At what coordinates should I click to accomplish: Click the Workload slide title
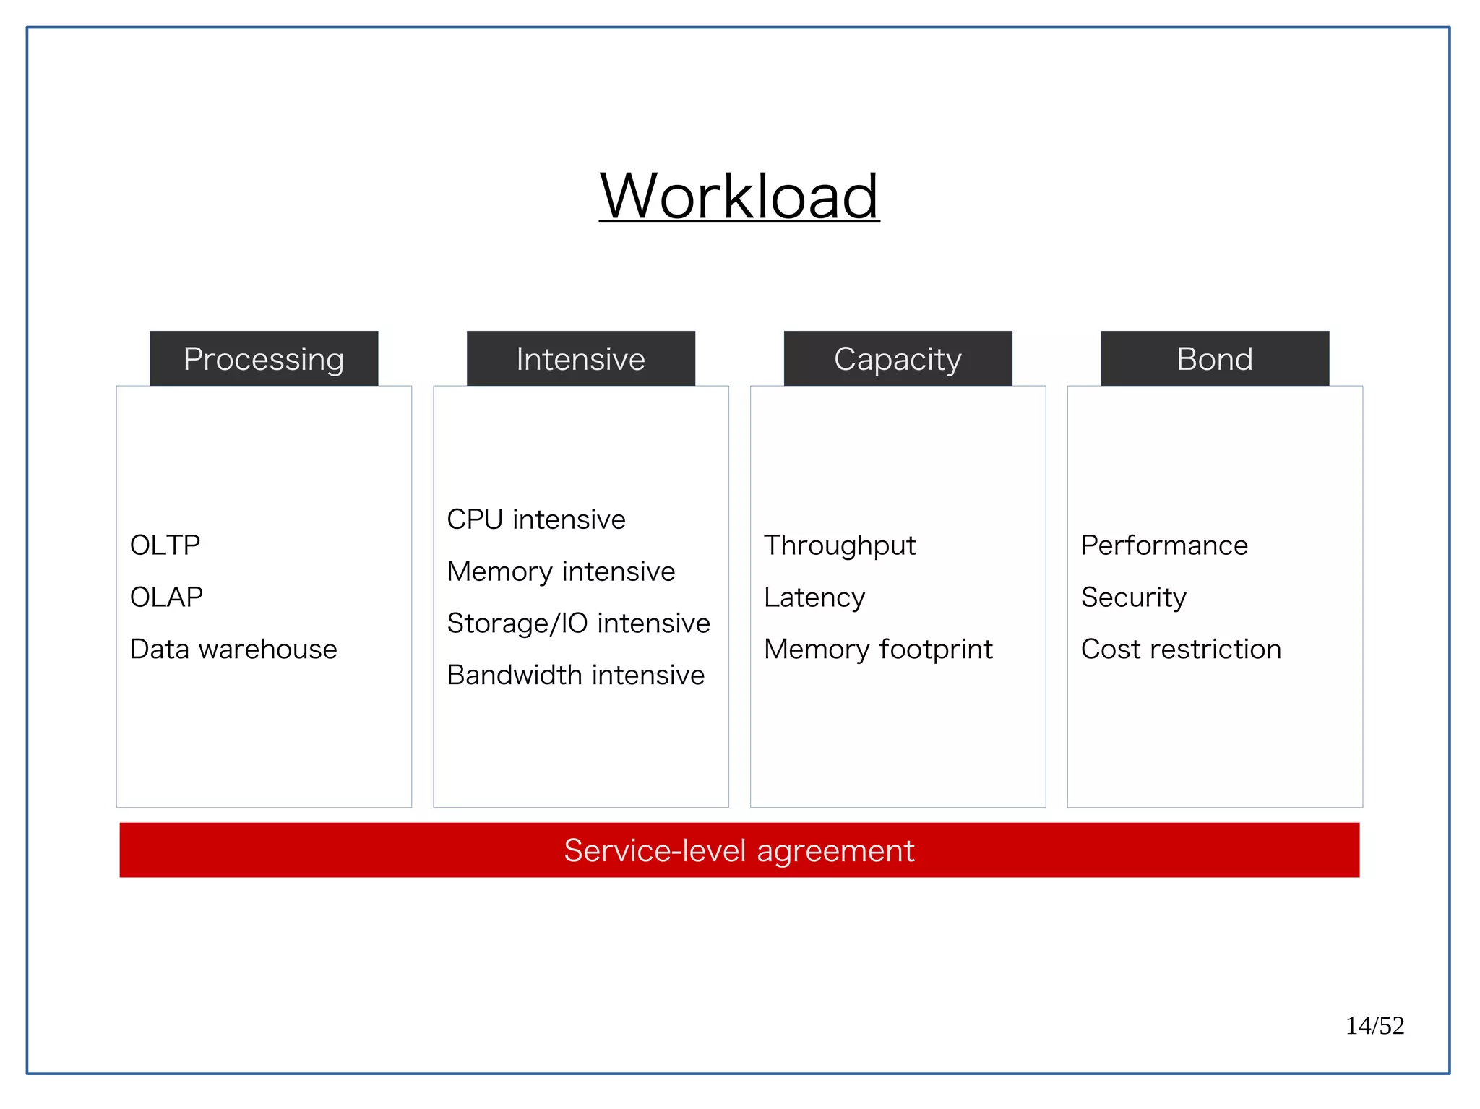739,197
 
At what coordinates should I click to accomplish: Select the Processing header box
264,359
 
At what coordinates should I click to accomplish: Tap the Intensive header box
580,359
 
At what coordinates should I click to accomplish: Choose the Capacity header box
898,359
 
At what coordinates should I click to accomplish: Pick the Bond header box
1214,359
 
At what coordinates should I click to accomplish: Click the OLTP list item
165,545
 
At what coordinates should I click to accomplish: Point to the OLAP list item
166,597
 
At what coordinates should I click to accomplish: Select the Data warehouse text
233,650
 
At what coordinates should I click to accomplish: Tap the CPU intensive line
535,519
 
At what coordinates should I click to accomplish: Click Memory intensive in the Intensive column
561,571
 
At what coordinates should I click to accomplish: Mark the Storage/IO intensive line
578,623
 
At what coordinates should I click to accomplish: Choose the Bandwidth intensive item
575,676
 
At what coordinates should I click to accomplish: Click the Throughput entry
840,545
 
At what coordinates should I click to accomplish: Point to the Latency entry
814,597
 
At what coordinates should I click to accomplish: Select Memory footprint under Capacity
878,650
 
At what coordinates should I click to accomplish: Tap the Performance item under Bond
1164,545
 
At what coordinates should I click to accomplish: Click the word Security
1133,597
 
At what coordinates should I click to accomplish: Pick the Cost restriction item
1181,650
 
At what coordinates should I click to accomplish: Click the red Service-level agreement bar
739,850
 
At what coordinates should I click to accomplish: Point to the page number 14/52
1374,1026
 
